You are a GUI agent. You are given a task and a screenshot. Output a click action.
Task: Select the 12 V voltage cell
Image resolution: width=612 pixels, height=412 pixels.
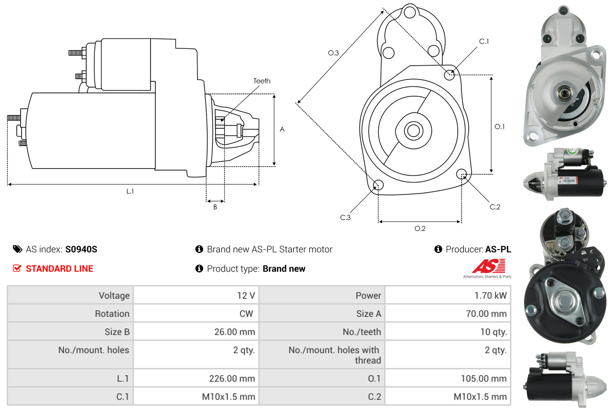pyautogui.click(x=245, y=296)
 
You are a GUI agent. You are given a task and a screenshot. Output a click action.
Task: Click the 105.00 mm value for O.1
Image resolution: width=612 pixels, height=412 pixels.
pyautogui.click(x=484, y=378)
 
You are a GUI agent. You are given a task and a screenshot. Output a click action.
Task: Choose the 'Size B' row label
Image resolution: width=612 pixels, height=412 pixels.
pyautogui.click(x=117, y=332)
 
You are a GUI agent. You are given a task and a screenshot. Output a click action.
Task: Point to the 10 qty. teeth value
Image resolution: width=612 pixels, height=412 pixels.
pyautogui.click(x=493, y=332)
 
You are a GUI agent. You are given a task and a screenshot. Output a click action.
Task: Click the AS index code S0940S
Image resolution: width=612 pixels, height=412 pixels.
pyautogui.click(x=81, y=249)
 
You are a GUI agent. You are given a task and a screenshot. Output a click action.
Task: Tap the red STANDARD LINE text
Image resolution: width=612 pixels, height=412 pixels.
pyautogui.click(x=59, y=269)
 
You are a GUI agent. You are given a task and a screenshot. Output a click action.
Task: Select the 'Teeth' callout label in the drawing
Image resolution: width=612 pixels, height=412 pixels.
pyautogui.click(x=262, y=81)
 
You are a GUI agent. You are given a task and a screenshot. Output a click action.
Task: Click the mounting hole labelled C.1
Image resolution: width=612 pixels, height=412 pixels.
pyautogui.click(x=449, y=75)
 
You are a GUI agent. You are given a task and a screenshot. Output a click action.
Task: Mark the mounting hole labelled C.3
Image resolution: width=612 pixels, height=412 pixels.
pyautogui.click(x=378, y=185)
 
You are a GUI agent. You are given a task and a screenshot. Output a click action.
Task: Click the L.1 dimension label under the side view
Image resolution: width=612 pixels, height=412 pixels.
pyautogui.click(x=130, y=191)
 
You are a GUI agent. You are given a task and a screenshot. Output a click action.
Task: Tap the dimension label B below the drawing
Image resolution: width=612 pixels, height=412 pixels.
pyautogui.click(x=215, y=207)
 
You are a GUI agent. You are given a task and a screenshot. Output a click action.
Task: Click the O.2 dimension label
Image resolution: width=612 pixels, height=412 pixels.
pyautogui.click(x=420, y=229)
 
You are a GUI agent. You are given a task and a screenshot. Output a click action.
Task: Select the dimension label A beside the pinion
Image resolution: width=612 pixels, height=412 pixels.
pyautogui.click(x=282, y=129)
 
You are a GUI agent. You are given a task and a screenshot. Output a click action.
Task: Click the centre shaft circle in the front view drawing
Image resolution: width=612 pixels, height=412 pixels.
pyautogui.click(x=412, y=130)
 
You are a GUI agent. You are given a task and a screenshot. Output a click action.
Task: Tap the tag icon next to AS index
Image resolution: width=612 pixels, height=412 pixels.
pyautogui.click(x=17, y=249)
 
